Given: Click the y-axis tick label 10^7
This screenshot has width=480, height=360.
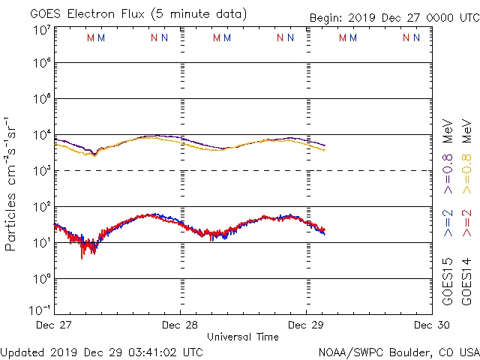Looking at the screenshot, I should click(x=41, y=30).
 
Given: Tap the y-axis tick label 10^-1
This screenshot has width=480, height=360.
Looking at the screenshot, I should click(x=40, y=309).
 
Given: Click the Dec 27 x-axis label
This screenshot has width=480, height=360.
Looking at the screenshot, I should click(x=54, y=325).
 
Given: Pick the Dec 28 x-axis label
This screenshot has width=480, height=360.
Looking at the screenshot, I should click(x=180, y=325).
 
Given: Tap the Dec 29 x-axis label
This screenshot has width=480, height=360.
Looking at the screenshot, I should click(x=306, y=325).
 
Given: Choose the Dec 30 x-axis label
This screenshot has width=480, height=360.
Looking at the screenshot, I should click(x=432, y=325).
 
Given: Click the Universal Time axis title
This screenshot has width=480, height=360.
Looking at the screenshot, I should click(x=243, y=337).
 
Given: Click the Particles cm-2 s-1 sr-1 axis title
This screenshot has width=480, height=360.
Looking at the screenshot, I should click(x=10, y=184).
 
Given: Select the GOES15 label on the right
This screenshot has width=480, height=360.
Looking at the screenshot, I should click(x=448, y=281).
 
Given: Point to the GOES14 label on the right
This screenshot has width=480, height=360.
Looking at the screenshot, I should click(x=466, y=281).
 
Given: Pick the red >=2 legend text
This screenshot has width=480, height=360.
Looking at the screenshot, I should click(x=466, y=223).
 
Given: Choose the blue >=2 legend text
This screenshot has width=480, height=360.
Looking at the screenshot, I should click(x=448, y=223).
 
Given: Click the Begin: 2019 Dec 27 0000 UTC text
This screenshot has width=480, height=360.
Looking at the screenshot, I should click(x=394, y=18).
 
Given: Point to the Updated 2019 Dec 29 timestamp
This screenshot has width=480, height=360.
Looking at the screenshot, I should click(x=102, y=351).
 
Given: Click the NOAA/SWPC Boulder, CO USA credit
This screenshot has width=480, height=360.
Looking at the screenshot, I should click(x=398, y=351).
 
